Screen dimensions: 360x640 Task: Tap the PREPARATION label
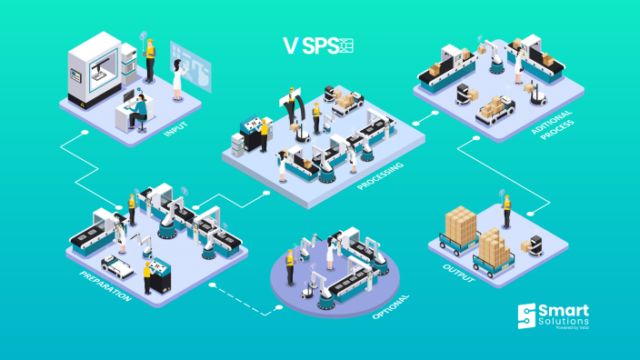(x=105, y=286)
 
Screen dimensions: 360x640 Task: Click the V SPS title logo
(x=317, y=45)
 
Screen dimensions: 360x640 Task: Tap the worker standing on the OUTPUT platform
(x=507, y=212)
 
